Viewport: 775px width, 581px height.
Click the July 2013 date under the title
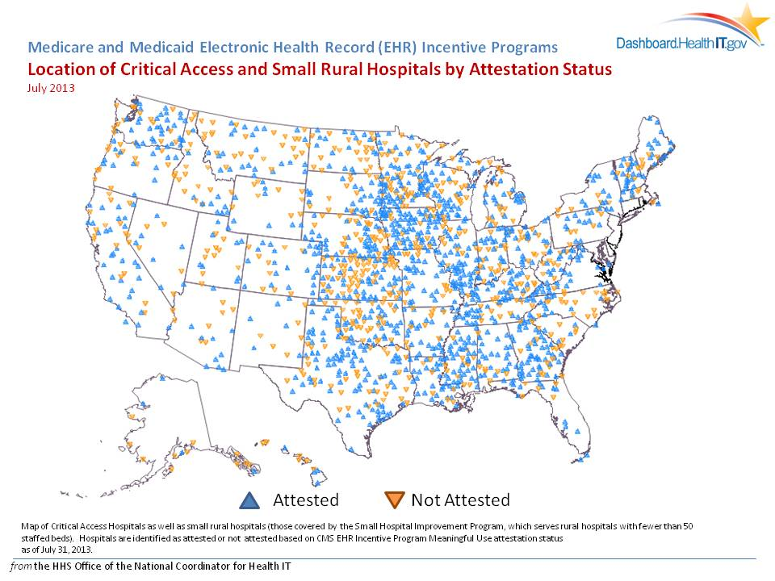(x=51, y=88)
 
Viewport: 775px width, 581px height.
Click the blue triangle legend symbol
(x=252, y=500)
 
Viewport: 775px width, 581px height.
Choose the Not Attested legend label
(x=460, y=500)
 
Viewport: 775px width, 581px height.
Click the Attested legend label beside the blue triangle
(x=305, y=500)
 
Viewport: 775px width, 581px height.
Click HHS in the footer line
(x=63, y=566)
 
